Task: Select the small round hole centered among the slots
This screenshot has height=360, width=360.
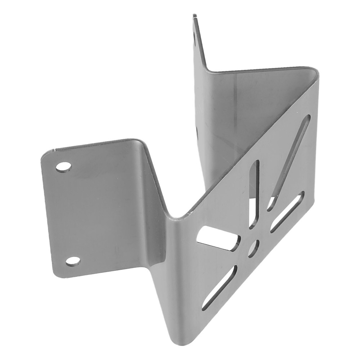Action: point(254,248)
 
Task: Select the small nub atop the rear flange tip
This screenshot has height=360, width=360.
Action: point(195,15)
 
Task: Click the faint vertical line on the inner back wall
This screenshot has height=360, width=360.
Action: point(236,108)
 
